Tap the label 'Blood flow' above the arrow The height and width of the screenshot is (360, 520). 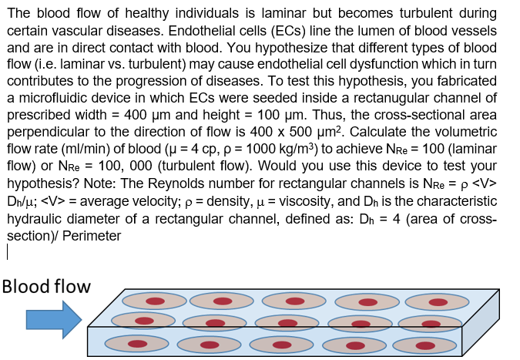pos(46,287)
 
